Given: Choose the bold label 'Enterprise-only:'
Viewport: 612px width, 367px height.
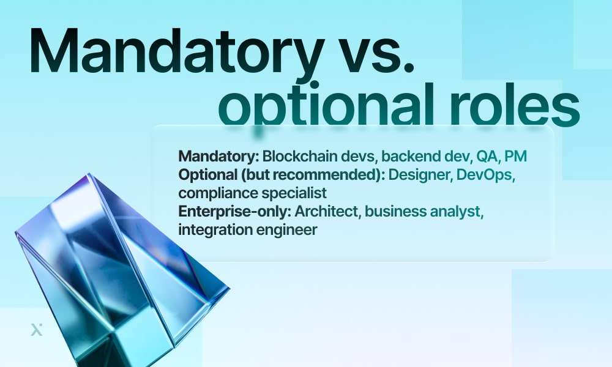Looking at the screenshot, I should click(x=234, y=212).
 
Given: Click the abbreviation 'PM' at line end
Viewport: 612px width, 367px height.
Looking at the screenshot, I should click(x=516, y=156).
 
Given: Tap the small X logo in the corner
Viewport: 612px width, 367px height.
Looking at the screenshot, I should click(x=37, y=330).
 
